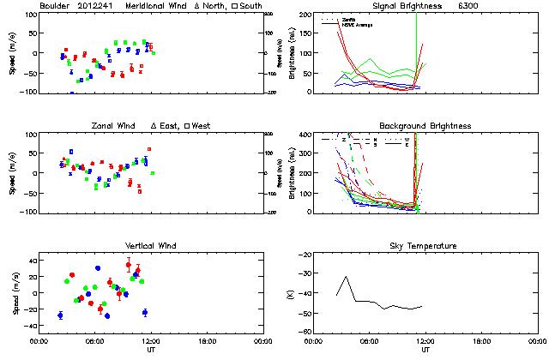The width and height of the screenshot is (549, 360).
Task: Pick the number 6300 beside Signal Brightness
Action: (492, 6)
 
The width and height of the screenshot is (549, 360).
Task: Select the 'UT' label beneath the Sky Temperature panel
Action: (425, 350)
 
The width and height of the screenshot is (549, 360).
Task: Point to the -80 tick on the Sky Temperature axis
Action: (305, 332)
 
